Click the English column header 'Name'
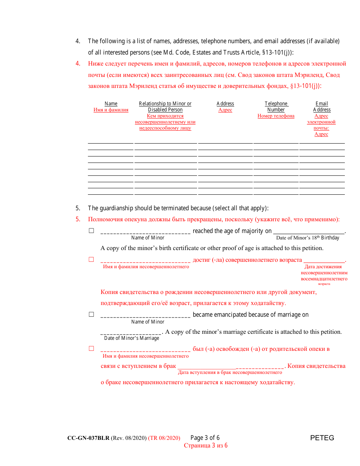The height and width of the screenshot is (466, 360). click(111, 104)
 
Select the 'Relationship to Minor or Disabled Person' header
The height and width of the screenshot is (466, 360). click(165, 106)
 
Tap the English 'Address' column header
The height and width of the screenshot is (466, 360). click(225, 104)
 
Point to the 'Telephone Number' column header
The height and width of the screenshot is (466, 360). click(276, 106)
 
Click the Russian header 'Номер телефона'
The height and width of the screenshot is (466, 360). click(276, 116)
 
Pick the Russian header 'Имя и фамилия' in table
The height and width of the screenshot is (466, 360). click(111, 110)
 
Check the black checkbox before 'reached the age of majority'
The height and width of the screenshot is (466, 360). click(91, 231)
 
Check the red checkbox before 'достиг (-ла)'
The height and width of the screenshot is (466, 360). click(91, 260)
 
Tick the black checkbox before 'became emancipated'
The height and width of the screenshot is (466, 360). click(91, 314)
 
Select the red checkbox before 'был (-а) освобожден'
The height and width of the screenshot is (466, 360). click(91, 349)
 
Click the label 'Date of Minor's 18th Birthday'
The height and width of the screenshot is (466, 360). click(308, 238)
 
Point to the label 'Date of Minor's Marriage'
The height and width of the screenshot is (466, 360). click(131, 338)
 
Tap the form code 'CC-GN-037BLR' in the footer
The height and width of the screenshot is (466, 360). click(88, 438)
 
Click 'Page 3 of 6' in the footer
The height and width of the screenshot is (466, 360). click(205, 438)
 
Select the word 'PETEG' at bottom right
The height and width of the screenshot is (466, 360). click(322, 438)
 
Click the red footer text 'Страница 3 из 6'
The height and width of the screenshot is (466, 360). click(206, 446)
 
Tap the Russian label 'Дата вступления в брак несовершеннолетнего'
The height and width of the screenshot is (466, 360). click(230, 372)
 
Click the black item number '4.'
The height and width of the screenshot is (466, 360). click(78, 41)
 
